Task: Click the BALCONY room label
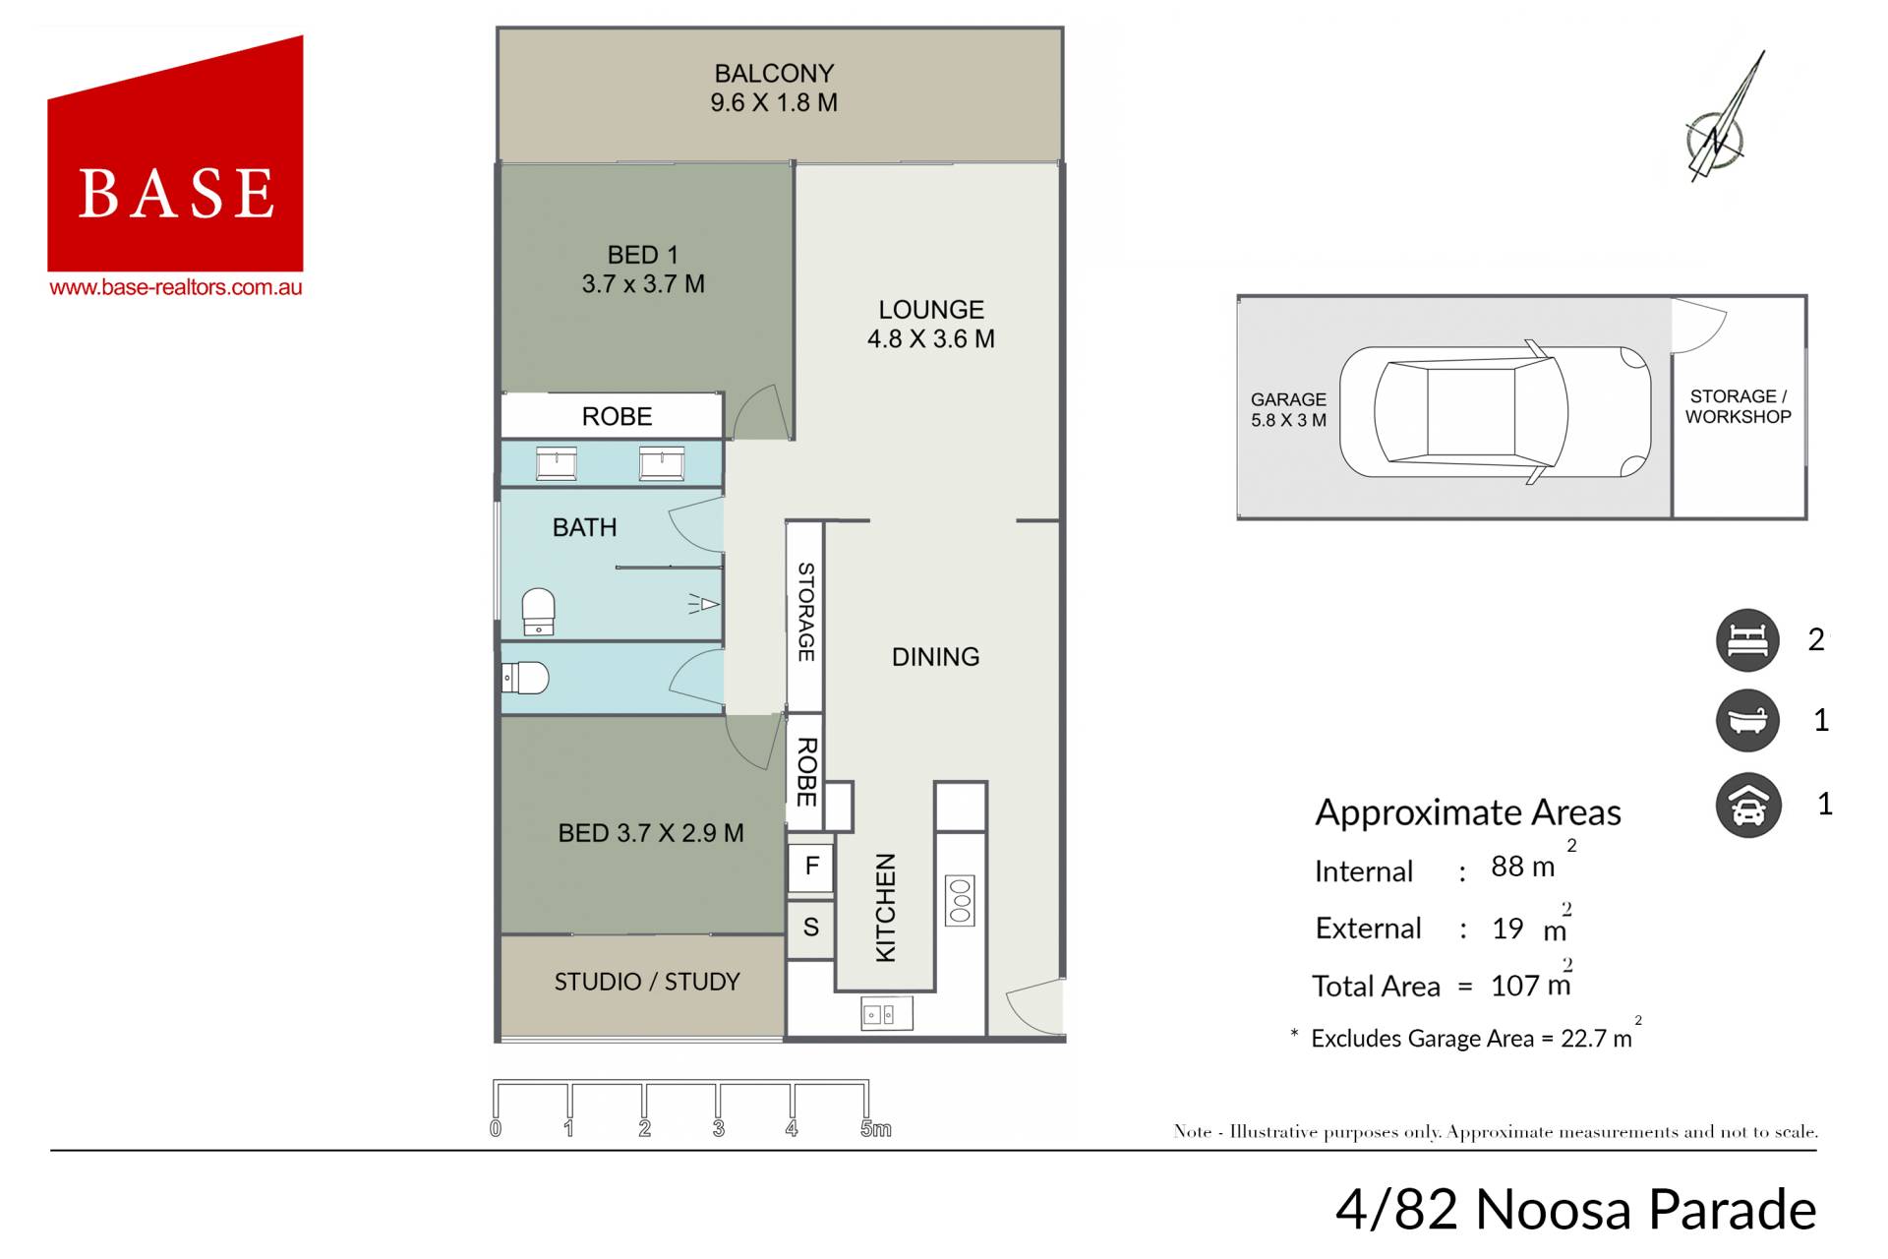click(x=774, y=74)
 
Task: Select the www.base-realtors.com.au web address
click(x=176, y=287)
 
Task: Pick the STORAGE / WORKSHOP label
click(x=1738, y=406)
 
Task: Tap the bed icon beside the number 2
click(x=1747, y=640)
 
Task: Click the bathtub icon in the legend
click(x=1747, y=721)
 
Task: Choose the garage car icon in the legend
click(x=1747, y=806)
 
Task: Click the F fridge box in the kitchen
click(x=811, y=867)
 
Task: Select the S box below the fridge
click(x=811, y=927)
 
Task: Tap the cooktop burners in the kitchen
click(x=960, y=900)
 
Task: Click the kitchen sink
click(x=886, y=1013)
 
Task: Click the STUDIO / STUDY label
click(x=647, y=982)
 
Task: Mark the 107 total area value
click(x=1514, y=986)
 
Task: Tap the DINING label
click(x=935, y=657)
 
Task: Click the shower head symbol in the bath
click(x=704, y=604)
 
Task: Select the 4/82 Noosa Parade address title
click(x=1575, y=1209)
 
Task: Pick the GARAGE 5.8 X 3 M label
click(x=1288, y=410)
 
